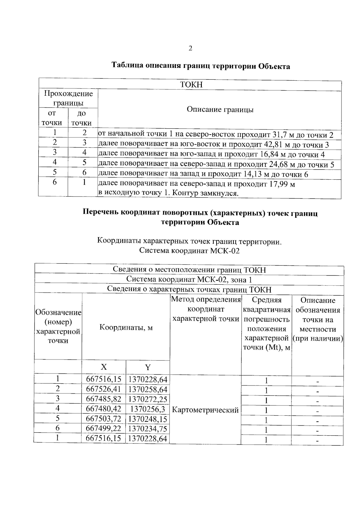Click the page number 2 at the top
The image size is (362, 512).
190,48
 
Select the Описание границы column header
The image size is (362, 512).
220,109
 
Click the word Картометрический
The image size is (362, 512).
205,410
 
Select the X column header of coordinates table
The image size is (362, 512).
103,367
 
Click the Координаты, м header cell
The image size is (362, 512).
126,328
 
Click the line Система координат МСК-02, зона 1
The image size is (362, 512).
189,280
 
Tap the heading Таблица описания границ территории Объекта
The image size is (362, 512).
201,66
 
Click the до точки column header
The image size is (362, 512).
81,118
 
